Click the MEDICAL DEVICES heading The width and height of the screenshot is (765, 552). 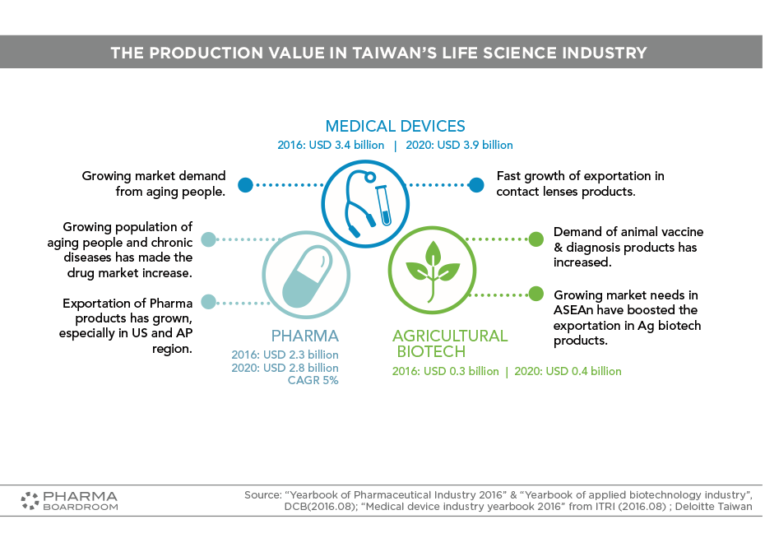tap(395, 127)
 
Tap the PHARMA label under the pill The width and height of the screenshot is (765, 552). tap(305, 336)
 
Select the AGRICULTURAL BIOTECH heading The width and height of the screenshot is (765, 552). tap(450, 344)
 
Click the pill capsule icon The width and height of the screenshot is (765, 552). tap(307, 276)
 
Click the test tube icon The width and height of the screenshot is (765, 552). tap(384, 206)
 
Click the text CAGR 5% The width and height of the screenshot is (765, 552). tap(313, 380)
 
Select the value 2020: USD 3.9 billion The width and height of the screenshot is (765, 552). tap(460, 145)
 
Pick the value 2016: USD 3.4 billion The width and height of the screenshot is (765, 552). tap(331, 145)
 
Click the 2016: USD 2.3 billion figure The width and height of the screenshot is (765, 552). tap(285, 355)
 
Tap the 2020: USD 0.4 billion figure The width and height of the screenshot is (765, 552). tap(568, 371)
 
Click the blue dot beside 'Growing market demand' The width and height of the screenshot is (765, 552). tap(245, 185)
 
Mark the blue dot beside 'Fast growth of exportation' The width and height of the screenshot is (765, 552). tap(476, 185)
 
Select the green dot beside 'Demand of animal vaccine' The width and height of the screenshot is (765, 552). tap(536, 239)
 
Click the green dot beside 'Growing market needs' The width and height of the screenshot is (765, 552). tap(536, 294)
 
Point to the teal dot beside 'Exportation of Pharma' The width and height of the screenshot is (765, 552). tap(208, 302)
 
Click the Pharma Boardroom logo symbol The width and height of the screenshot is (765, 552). tap(30, 501)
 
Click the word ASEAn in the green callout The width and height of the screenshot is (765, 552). tap(574, 310)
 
